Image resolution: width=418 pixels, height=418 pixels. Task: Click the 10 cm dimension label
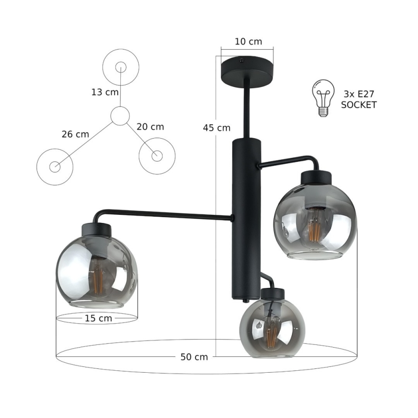click(x=248, y=41)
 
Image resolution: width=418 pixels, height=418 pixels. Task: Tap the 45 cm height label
click(x=216, y=128)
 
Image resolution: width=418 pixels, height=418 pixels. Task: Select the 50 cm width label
click(x=194, y=357)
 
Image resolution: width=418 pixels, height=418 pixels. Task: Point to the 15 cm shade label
click(x=98, y=318)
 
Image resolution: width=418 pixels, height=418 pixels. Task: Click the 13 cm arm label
click(x=104, y=92)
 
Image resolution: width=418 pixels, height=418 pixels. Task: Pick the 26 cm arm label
click(x=75, y=134)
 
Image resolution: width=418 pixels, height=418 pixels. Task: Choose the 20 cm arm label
click(x=150, y=127)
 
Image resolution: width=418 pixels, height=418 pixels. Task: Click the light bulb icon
click(x=324, y=98)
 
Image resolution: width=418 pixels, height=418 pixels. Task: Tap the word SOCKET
click(x=358, y=104)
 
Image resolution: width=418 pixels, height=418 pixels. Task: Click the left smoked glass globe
click(x=96, y=272)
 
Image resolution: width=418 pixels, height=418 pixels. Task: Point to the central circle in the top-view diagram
click(x=120, y=116)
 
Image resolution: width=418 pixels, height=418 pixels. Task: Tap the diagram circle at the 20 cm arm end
click(x=157, y=155)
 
